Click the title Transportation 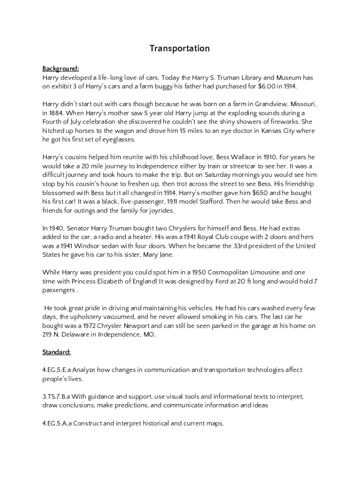point(180,49)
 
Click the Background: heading point(60,68)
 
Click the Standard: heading point(57,352)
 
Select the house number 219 point(48,334)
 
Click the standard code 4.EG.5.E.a point(57,370)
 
